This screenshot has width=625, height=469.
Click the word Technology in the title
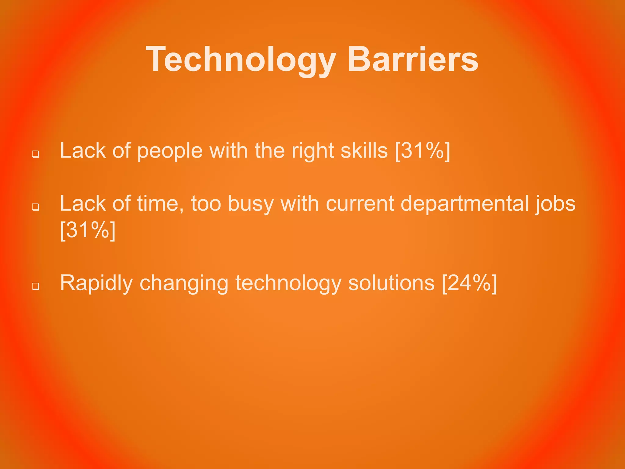241,60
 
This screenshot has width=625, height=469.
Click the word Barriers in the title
413,60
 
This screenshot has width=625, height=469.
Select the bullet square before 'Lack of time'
36,207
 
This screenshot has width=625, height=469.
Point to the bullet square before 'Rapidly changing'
36,286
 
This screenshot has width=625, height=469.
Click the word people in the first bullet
170,151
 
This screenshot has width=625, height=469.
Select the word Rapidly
96,283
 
